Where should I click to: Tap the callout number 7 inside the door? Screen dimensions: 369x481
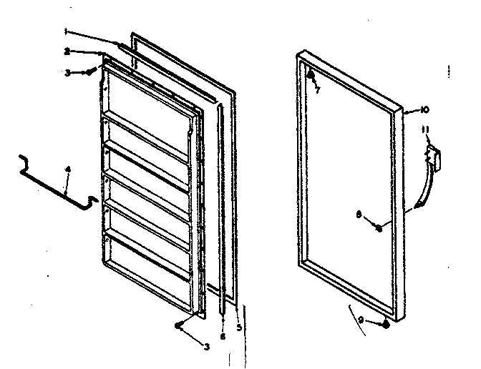tap(316, 89)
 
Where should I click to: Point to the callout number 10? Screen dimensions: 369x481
tap(424, 109)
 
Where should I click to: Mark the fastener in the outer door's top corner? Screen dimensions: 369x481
tap(311, 74)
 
